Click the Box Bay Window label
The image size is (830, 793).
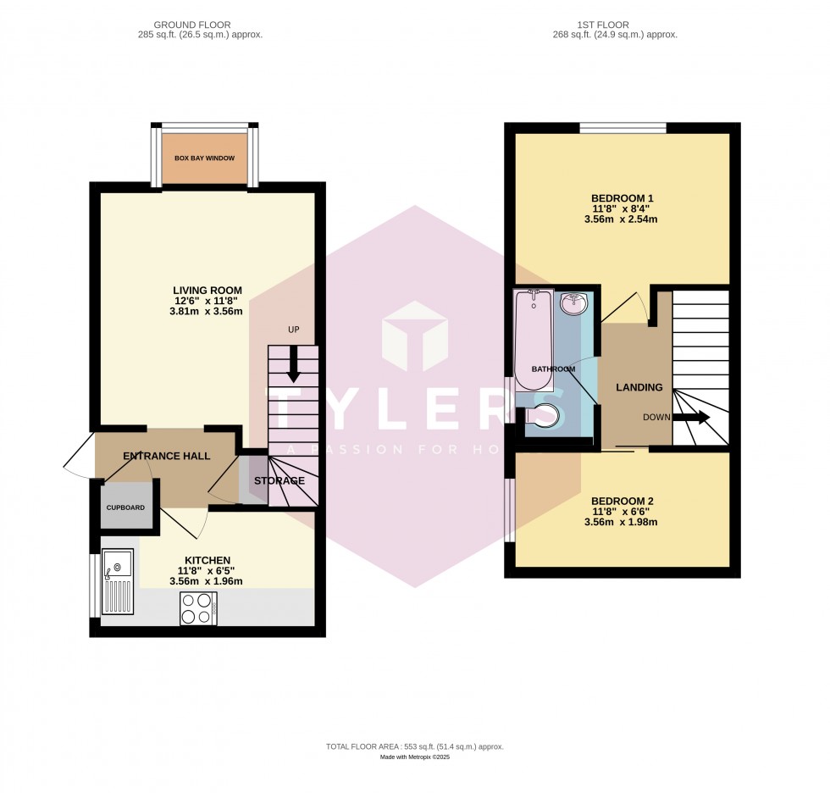coord(204,158)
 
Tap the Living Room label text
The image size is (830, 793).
coord(207,290)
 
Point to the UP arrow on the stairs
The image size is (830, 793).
coord(293,366)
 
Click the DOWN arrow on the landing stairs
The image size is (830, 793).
coord(697,417)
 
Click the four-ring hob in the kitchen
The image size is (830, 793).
coord(199,608)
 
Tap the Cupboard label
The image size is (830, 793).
coord(125,507)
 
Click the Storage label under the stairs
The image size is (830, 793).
coord(277,481)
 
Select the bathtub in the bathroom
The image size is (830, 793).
coord(533,339)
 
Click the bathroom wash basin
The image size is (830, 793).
coord(576,304)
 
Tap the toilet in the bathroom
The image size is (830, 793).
coord(542,415)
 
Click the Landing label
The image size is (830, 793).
coord(639,387)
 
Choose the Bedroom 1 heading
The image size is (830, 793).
coord(627,198)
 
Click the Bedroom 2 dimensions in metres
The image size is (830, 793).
coord(627,522)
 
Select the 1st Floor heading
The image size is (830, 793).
coord(614,25)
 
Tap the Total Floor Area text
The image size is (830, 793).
coord(415,746)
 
